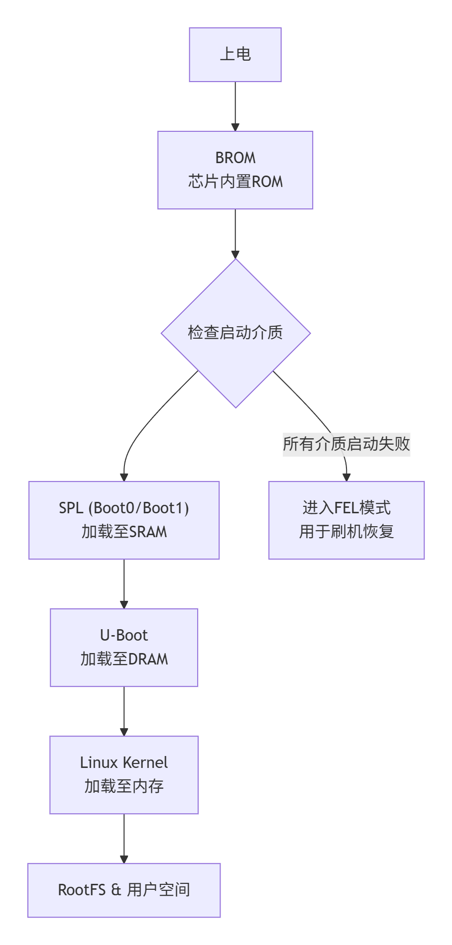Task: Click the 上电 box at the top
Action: [x=235, y=54]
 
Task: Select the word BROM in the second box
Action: [x=235, y=158]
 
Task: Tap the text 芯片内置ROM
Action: [x=235, y=182]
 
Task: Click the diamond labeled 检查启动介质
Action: [x=235, y=332]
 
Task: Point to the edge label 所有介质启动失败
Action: [x=346, y=444]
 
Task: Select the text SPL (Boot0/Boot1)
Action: [x=124, y=508]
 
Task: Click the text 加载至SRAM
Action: [x=124, y=532]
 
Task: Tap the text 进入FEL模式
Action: [x=346, y=508]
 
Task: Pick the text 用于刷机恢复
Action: [x=346, y=532]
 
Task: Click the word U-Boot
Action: [x=124, y=635]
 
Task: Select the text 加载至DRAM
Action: [x=124, y=659]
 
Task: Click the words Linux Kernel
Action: [x=124, y=762]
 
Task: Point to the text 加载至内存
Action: [x=124, y=786]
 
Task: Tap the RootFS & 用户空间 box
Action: [x=124, y=890]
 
